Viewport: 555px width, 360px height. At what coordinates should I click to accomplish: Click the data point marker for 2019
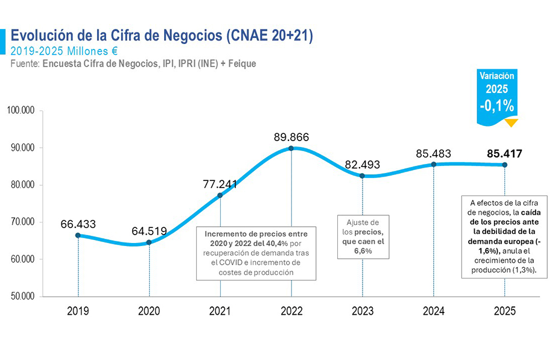78,235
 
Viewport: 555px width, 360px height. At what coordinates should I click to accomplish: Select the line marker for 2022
291,148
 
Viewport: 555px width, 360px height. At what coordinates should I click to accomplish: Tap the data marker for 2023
363,175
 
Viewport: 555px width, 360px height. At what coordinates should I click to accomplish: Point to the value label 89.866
291,137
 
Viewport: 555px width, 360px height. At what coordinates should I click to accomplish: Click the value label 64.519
149,230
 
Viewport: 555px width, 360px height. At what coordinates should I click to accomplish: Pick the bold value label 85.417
504,153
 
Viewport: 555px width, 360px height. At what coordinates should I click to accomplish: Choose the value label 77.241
220,184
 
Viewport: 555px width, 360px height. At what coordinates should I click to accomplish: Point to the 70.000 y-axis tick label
22,222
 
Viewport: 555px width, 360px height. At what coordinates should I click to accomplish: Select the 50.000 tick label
22,297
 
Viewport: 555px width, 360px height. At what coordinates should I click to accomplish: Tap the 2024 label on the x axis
434,311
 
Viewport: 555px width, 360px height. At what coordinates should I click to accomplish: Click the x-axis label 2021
220,311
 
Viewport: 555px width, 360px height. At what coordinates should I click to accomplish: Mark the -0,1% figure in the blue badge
497,106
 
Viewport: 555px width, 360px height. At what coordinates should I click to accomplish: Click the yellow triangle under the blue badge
511,123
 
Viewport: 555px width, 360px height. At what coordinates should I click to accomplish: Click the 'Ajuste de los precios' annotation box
363,237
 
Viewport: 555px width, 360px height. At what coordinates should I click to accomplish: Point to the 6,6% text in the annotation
363,251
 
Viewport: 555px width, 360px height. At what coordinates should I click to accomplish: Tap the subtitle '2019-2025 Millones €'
64,51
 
